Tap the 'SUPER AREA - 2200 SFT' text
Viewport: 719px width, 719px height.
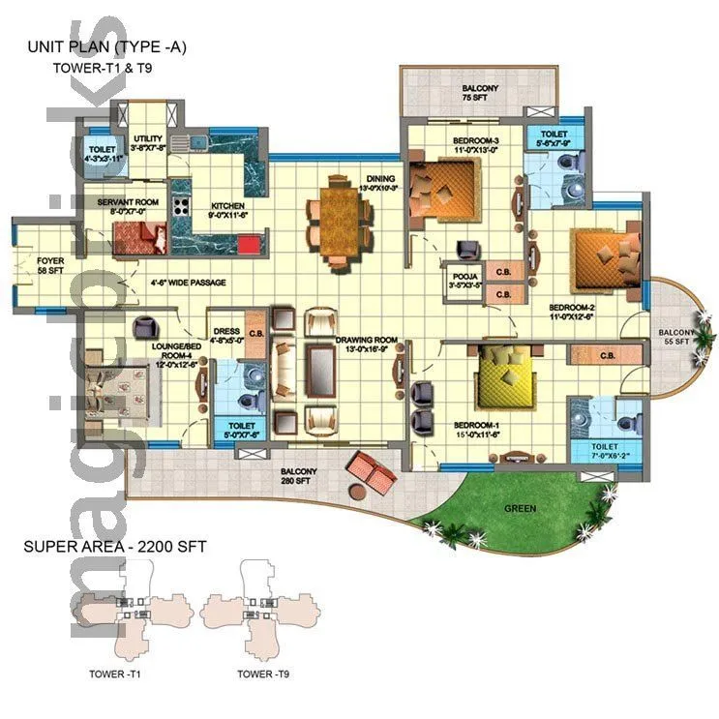coord(114,547)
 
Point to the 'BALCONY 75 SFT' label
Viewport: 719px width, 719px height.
coord(479,93)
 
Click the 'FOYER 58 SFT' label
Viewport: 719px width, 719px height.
coord(50,266)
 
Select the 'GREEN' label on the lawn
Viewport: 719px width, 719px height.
coord(519,508)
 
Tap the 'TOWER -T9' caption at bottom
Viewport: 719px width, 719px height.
coord(263,674)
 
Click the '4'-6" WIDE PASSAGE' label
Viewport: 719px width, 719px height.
coord(189,284)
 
